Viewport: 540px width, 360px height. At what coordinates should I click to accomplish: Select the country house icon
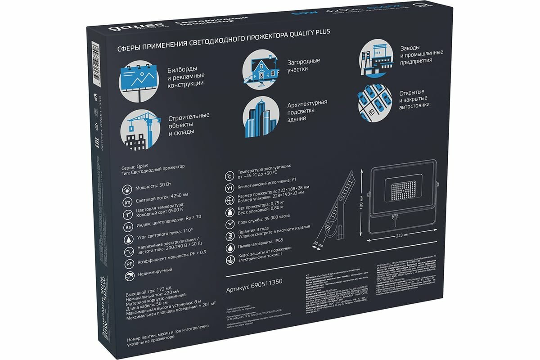click(260, 70)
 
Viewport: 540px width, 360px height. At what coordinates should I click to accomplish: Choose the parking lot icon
click(375, 102)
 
